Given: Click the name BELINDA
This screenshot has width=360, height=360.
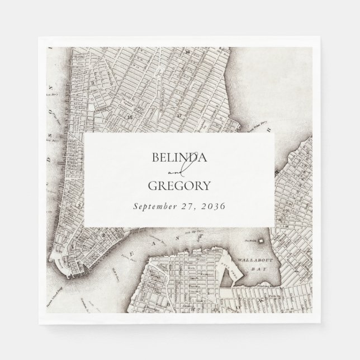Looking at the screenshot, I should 179,157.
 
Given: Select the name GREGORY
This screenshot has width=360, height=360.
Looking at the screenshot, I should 179,186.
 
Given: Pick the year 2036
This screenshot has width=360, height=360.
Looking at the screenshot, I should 214,206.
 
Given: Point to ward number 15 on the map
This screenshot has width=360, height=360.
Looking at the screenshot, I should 131,117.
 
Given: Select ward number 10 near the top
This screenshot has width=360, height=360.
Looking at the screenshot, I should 189,51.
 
